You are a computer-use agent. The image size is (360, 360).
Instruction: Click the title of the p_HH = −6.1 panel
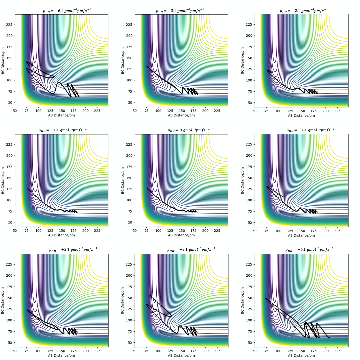pyautogui.click(x=67, y=11)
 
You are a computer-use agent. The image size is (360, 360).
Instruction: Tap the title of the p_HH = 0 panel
pyautogui.click(x=188, y=130)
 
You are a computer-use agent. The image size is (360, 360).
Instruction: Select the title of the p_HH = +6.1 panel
pyautogui.click(x=309, y=250)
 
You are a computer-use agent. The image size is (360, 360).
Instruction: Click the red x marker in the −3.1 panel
pyautogui.click(x=196, y=92)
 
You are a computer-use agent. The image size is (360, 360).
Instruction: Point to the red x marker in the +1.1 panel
pyautogui.click(x=316, y=212)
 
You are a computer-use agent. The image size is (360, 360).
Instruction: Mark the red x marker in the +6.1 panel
pyautogui.click(x=316, y=331)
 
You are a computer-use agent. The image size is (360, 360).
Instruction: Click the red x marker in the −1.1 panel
pyautogui.click(x=76, y=212)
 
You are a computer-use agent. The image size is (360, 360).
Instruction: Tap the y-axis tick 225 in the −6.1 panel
pyautogui.click(x=9, y=25)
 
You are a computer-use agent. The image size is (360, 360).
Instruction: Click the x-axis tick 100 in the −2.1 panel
pyautogui.click(x=279, y=111)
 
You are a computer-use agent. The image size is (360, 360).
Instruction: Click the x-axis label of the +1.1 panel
pyautogui.click(x=301, y=235)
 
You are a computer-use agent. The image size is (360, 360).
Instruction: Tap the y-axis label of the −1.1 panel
pyautogui.click(x=3, y=180)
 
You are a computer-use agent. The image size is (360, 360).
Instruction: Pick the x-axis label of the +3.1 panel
pyautogui.click(x=181, y=355)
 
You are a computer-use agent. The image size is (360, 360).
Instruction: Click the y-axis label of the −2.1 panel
pyautogui.click(x=243, y=60)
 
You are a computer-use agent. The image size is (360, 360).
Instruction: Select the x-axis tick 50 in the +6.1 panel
pyautogui.click(x=255, y=351)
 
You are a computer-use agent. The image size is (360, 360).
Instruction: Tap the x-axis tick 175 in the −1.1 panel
pyautogui.click(x=74, y=231)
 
